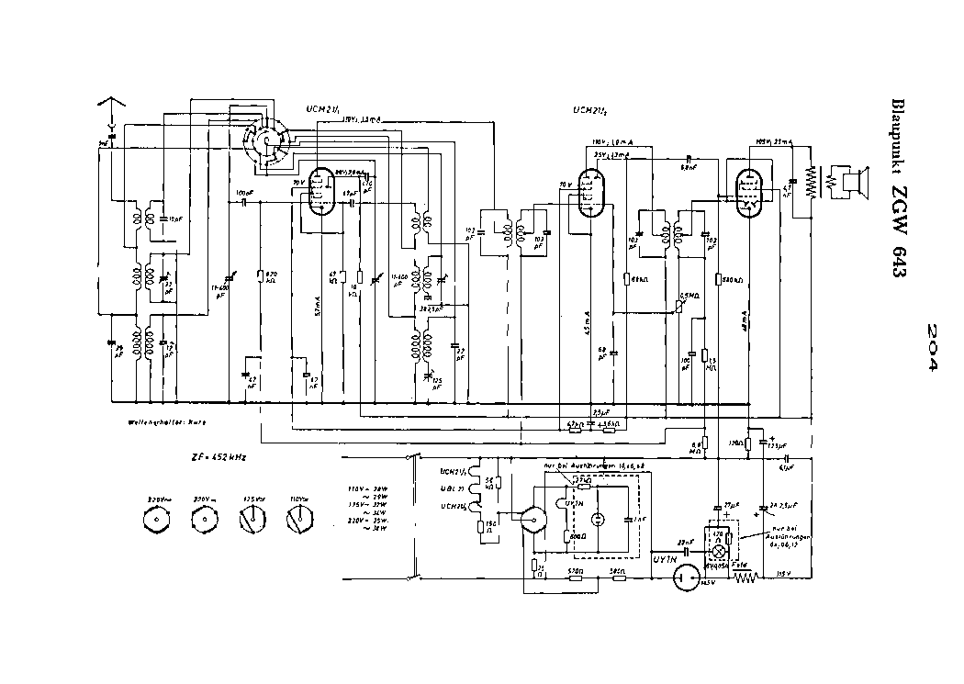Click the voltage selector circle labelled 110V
point(296,522)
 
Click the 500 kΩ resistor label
point(731,279)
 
